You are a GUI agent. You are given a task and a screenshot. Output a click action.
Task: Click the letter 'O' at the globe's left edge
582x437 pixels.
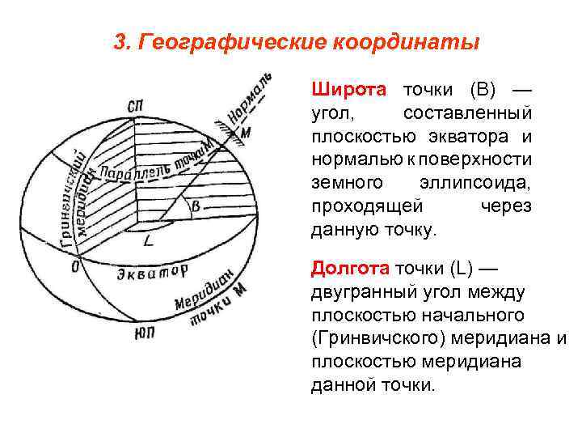(x=76, y=265)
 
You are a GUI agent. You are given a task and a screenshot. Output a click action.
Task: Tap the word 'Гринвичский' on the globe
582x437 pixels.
(x=71, y=197)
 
